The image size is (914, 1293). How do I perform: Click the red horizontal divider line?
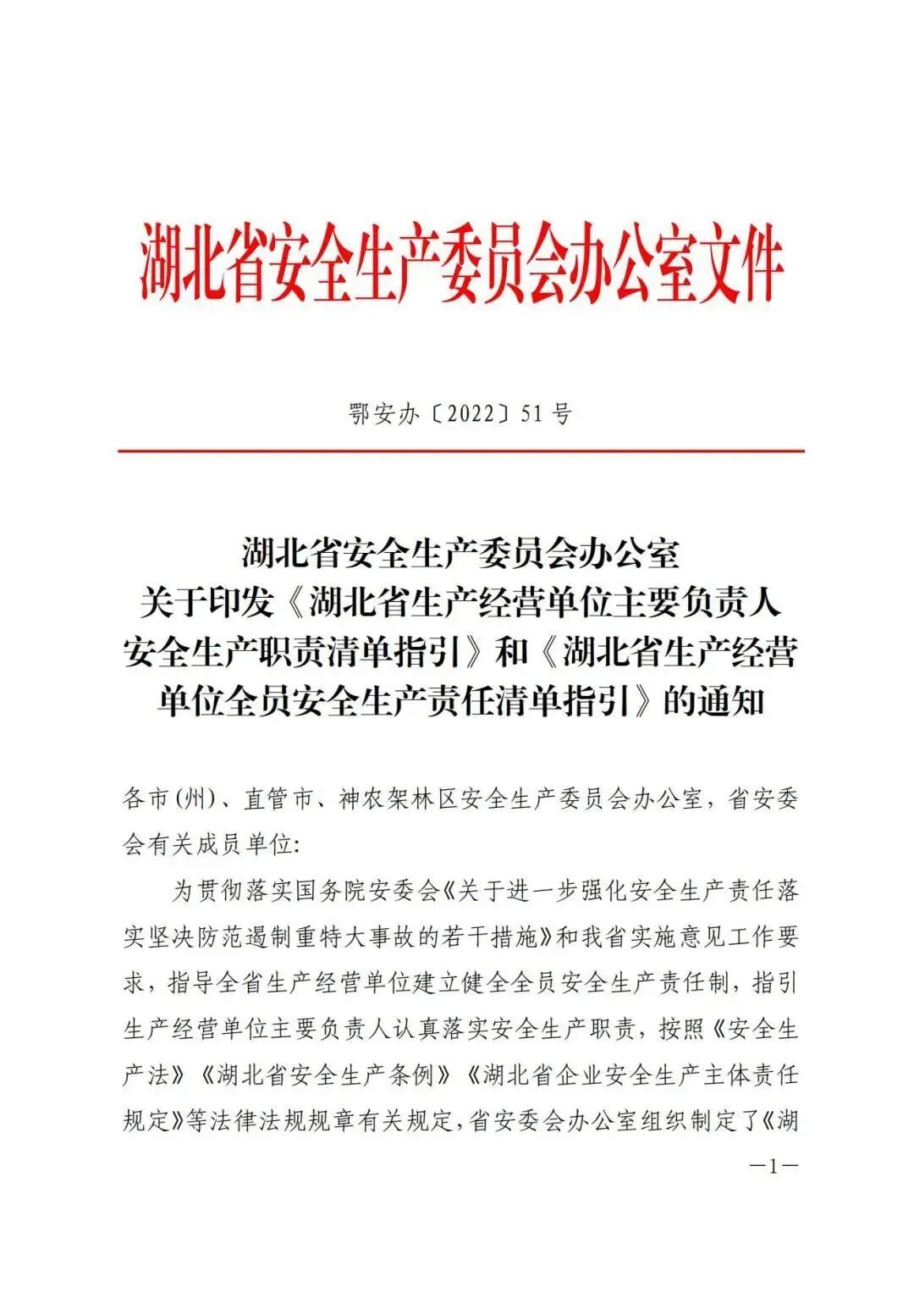(461, 451)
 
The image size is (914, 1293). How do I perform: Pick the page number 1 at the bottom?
(772, 1166)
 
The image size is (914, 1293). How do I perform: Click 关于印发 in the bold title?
(206, 604)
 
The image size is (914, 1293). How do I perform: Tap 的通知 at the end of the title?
(713, 702)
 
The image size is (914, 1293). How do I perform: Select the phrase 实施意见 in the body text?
(667, 937)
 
